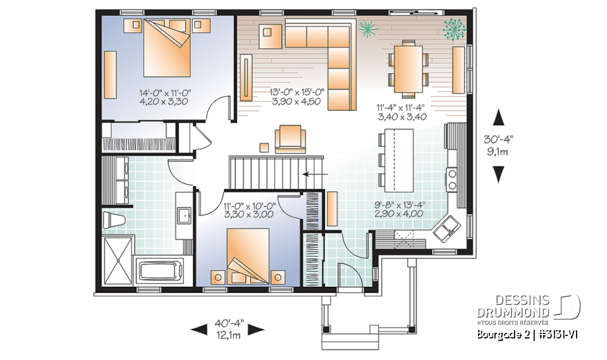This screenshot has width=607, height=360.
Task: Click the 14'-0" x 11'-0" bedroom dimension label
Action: (x=165, y=97)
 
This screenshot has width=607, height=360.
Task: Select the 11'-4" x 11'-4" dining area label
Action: (x=402, y=112)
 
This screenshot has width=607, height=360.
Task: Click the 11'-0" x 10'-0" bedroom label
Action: (x=248, y=210)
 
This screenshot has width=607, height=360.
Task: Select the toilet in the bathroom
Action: (x=113, y=220)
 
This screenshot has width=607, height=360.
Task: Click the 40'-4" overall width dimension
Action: (x=227, y=329)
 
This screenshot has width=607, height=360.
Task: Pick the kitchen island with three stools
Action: (x=398, y=160)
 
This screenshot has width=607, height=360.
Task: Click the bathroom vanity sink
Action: (x=185, y=215)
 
